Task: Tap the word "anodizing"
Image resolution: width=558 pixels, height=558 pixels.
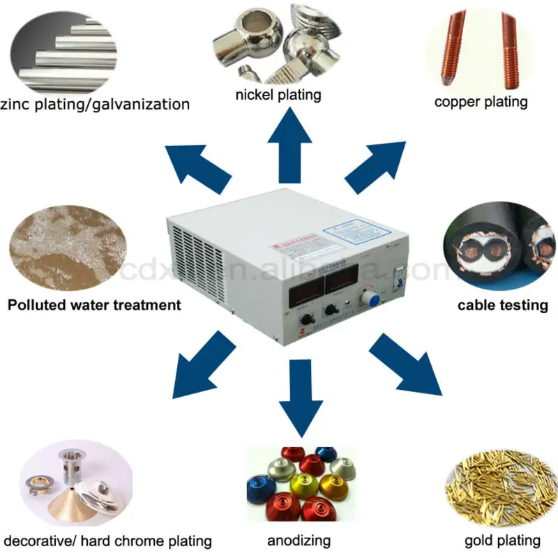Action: click(299, 541)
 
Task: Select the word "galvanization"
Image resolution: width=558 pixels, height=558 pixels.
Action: click(137, 105)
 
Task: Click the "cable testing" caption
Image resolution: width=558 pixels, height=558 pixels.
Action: click(502, 305)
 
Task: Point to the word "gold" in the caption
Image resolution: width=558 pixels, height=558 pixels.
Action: click(479, 541)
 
